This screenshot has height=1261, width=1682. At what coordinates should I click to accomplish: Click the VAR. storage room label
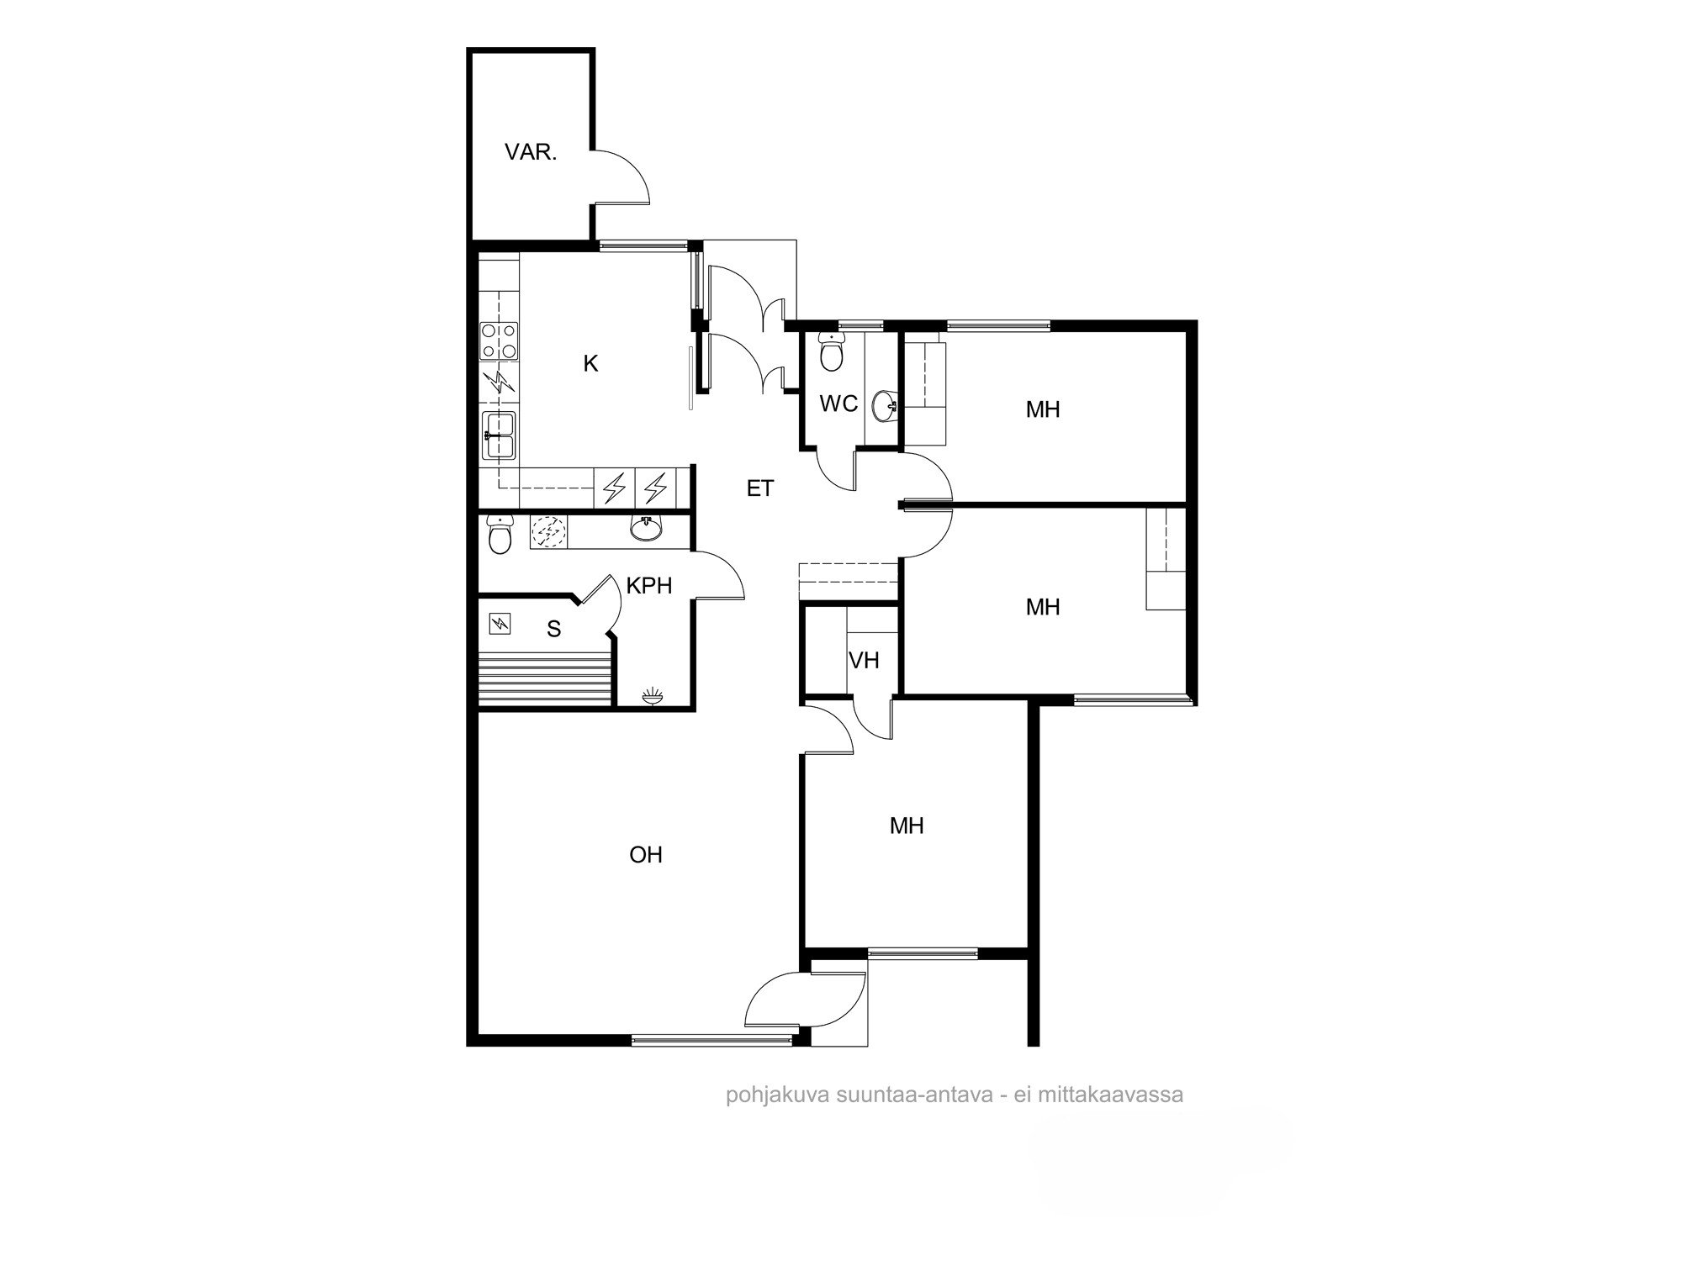click(531, 153)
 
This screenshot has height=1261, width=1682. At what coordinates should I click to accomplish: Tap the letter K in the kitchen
click(590, 364)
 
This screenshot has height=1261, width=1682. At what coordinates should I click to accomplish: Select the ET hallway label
click(759, 488)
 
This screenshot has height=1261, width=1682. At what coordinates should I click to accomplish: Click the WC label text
click(838, 404)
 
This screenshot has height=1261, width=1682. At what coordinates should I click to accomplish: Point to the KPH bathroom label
click(649, 586)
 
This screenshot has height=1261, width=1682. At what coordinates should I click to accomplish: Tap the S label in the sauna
click(553, 629)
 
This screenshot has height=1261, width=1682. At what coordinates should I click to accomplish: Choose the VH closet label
click(864, 661)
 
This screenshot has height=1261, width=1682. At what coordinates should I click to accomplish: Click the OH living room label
click(646, 855)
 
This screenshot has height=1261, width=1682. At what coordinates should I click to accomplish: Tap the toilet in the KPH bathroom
click(500, 535)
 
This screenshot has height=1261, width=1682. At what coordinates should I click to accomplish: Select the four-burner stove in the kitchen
click(499, 340)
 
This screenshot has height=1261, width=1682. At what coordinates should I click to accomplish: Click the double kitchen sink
click(499, 435)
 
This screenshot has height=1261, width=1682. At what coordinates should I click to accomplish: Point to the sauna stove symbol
click(500, 624)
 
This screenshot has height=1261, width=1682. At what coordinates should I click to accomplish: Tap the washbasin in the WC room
click(886, 407)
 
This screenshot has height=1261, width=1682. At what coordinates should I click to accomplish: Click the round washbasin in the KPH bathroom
click(646, 527)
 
